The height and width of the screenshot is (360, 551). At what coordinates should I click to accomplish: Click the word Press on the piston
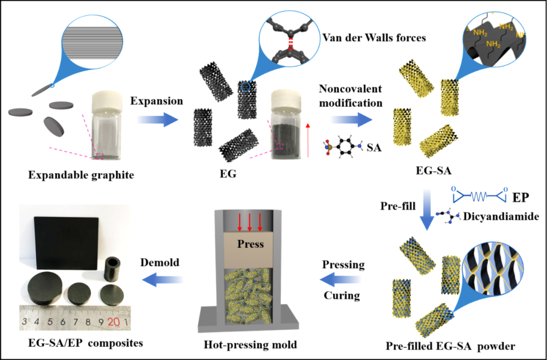251,244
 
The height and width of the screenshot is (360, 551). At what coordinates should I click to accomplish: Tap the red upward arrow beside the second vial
308,140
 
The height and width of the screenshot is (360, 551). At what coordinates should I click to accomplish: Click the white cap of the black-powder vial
286,95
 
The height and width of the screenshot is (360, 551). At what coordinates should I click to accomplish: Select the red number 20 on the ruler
113,322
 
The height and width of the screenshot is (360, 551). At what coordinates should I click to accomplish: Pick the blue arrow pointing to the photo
163,279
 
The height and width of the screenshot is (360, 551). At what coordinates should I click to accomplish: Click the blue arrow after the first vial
157,120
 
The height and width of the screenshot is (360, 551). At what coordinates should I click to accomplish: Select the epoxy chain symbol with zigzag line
479,195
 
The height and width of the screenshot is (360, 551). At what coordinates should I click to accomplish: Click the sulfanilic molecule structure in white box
343,147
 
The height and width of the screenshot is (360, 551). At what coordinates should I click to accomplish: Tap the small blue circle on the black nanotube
246,87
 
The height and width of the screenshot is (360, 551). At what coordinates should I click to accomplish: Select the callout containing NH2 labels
494,41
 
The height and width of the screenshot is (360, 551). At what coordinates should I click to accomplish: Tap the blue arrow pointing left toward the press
340,279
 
